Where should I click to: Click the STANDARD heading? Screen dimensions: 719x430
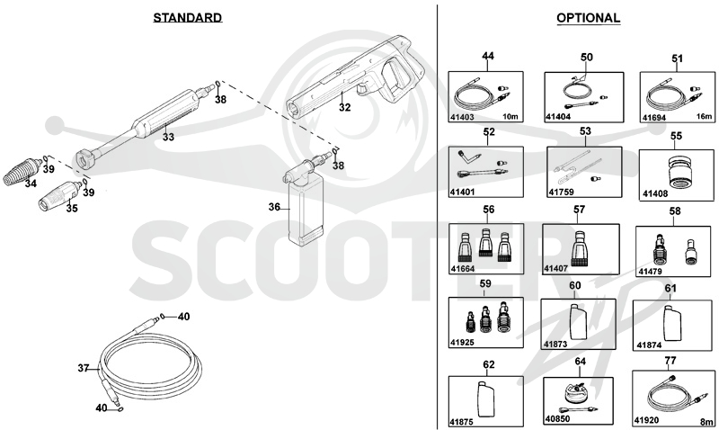tap(188, 17)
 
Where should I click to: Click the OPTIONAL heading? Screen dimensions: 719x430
tap(589, 18)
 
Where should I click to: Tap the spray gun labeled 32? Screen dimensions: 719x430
tap(354, 76)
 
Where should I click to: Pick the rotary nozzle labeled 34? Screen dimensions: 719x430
tap(22, 173)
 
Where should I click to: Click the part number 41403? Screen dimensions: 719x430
tap(462, 117)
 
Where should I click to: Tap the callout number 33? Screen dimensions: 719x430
tap(168, 137)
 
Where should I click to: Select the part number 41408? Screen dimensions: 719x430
tap(655, 193)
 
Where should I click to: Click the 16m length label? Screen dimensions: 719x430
tap(705, 117)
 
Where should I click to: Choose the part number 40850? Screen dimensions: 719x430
tap(557, 419)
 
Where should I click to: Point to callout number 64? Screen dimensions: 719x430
tap(580, 361)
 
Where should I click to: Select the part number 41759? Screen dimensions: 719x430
tap(561, 192)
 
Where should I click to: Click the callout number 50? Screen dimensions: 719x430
tap(587, 57)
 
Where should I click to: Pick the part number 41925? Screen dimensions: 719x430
tap(462, 343)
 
